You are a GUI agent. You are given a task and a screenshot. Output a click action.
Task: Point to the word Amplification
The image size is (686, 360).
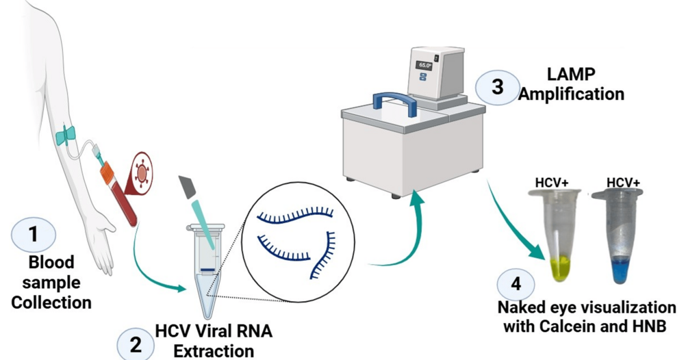[x=571, y=93]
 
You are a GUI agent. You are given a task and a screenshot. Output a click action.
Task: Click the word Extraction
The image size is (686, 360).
[x=213, y=351]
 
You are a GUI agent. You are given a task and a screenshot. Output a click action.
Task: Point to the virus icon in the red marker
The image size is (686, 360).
[x=142, y=172]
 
